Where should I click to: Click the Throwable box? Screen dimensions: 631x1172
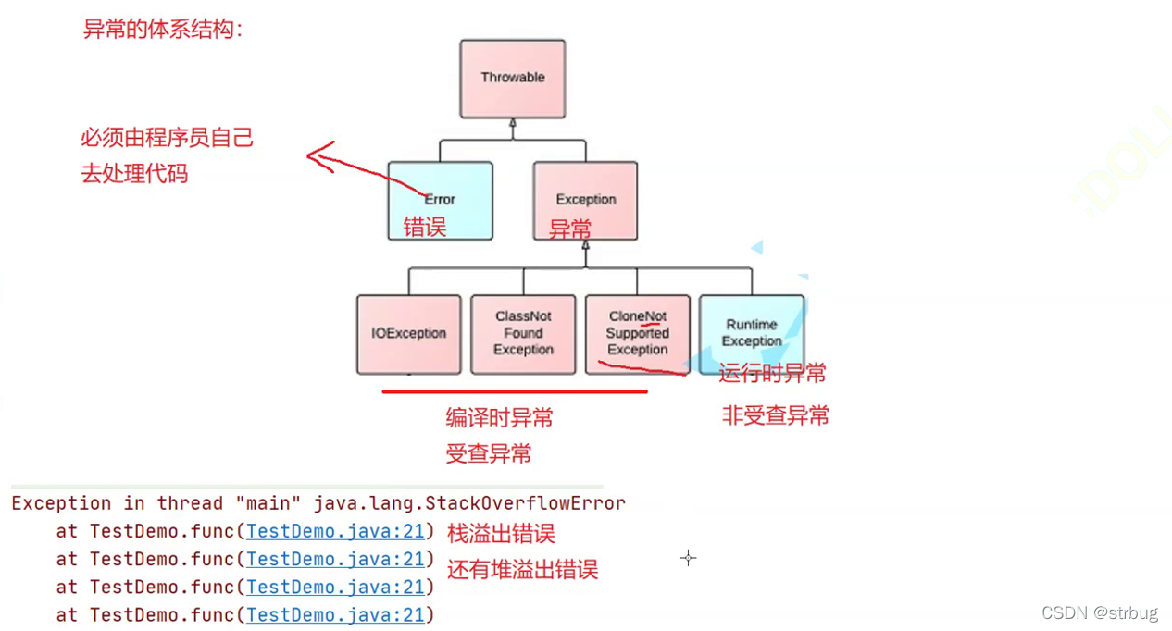(x=512, y=79)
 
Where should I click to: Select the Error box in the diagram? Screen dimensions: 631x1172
(x=440, y=201)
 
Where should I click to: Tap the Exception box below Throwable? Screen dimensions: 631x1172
(x=585, y=200)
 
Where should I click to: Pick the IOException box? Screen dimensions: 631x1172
(x=408, y=334)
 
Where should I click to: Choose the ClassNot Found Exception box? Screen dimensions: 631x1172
(x=523, y=334)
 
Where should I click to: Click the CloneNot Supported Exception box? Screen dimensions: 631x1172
(x=637, y=334)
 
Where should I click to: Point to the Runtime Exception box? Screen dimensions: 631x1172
(x=752, y=333)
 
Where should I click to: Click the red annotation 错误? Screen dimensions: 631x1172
(x=425, y=228)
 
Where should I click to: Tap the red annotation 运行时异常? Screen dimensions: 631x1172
(x=772, y=374)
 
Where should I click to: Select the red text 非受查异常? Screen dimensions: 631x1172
(x=775, y=416)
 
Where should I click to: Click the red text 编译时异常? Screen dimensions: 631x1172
(x=499, y=418)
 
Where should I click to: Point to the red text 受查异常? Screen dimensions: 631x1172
(x=489, y=454)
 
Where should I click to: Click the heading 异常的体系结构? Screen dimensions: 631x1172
(x=163, y=30)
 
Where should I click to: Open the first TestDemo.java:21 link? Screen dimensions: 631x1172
(x=335, y=532)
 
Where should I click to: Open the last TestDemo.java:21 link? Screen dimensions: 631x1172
(x=335, y=615)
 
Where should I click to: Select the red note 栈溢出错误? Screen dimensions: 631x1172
(x=501, y=534)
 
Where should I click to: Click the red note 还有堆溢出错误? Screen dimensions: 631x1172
(x=522, y=570)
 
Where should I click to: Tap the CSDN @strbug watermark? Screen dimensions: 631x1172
(x=1099, y=613)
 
